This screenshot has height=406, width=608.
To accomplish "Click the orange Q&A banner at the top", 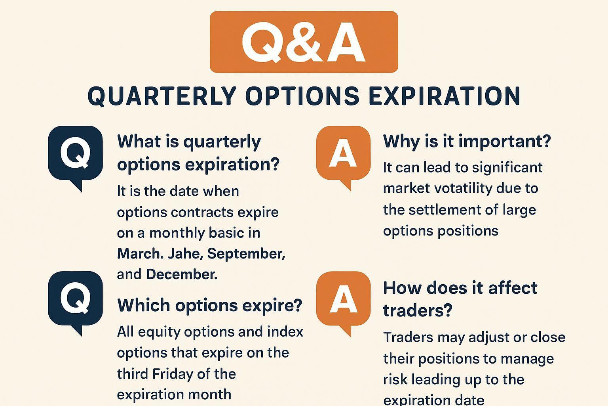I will point(304,42).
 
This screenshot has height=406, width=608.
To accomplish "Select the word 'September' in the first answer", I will point(245,253).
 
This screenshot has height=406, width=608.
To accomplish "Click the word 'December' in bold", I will point(181,274).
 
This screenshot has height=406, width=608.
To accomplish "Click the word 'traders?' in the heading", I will point(417,310).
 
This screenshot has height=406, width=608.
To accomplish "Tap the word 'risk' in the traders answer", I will point(395,379).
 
